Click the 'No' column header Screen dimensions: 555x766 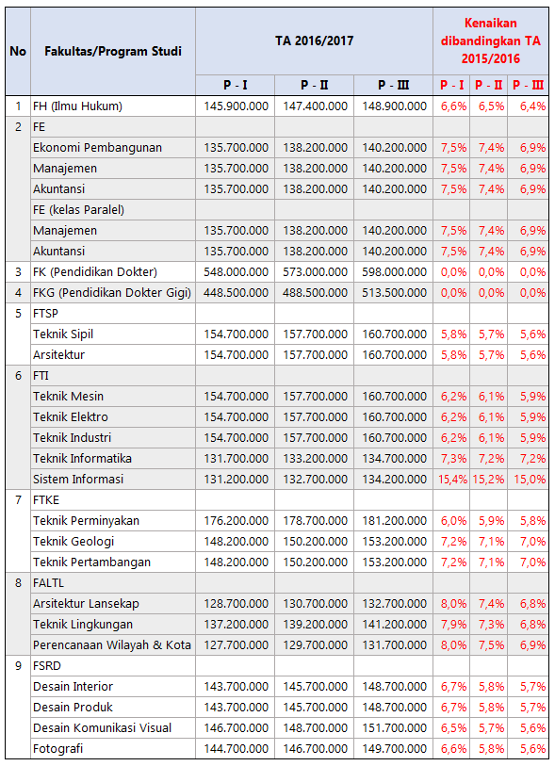tap(18, 51)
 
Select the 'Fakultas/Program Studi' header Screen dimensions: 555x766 tap(113, 51)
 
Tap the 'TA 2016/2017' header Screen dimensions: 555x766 tap(314, 41)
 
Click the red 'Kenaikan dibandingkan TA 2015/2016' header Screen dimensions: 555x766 tap(491, 41)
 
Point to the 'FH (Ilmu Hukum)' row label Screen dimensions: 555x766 tap(77, 106)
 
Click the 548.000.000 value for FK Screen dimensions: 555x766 tap(236, 272)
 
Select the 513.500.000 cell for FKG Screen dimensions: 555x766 tap(394, 293)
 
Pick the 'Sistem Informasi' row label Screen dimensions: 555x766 tap(78, 480)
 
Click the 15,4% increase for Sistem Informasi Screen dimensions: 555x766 tap(452, 480)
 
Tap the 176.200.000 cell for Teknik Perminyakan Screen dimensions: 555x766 tap(236, 521)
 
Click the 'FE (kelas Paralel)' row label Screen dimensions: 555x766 tap(78, 209)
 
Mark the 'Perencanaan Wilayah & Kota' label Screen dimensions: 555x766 tap(112, 644)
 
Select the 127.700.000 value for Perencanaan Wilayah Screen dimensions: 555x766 tap(236, 644)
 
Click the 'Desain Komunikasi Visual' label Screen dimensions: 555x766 tap(102, 728)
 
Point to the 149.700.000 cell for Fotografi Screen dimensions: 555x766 tap(394, 748)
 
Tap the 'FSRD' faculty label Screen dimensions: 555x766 tap(47, 666)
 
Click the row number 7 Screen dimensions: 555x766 tap(18, 499)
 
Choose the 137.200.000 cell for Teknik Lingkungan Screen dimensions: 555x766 tap(236, 625)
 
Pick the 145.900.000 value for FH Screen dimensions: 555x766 tap(236, 106)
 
